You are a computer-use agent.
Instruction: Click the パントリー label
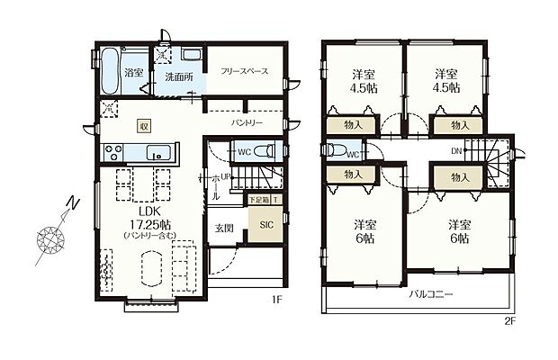click(246, 120)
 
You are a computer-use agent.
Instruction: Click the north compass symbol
click(51, 239)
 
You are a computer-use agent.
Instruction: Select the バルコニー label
click(431, 295)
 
